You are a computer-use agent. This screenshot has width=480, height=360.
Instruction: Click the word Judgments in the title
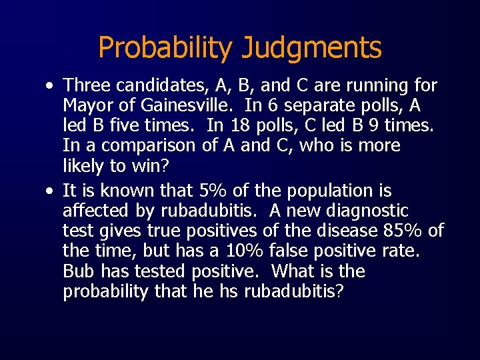(x=312, y=48)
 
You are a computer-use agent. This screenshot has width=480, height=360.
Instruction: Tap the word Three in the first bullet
(x=87, y=85)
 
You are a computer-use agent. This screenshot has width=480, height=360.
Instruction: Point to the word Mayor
(x=87, y=105)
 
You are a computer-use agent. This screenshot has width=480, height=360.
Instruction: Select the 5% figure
(x=213, y=191)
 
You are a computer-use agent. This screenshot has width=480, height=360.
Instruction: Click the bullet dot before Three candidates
(x=51, y=86)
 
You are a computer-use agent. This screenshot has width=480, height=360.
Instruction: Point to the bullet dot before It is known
(x=51, y=191)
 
